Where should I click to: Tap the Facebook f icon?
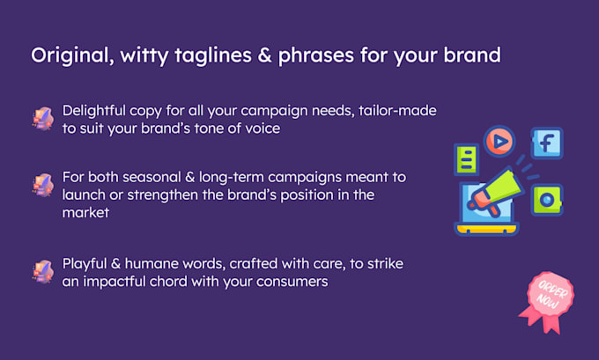coord(546,142)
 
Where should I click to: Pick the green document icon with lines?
coord(464,160)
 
